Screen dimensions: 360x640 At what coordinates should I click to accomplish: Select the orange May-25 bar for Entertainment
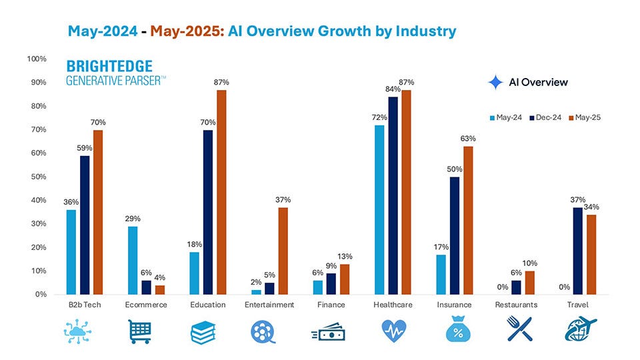click(x=283, y=251)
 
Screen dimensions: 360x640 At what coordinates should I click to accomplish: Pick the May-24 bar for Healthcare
click(x=379, y=209)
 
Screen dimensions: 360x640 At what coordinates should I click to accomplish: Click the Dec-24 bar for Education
click(x=209, y=212)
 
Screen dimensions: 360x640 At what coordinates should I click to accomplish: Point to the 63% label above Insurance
click(x=468, y=139)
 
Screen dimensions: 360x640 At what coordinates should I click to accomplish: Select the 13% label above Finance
click(x=345, y=257)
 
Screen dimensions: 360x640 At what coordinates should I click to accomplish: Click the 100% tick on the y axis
click(x=37, y=59)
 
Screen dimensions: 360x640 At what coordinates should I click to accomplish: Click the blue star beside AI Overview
click(x=495, y=82)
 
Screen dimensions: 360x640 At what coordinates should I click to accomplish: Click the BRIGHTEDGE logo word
click(x=109, y=67)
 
